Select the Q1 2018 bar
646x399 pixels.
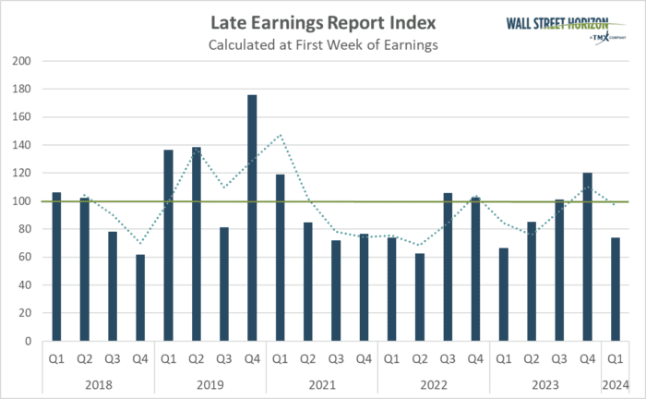pos(56,266)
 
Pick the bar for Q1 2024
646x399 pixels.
pos(616,289)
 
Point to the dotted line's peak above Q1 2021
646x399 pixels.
pos(280,135)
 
